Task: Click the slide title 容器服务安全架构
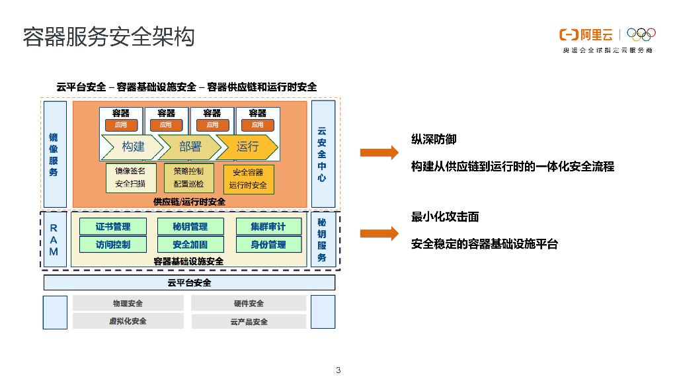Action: [x=109, y=37]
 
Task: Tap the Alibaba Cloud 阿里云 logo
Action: [x=586, y=34]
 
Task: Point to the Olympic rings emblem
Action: [x=641, y=34]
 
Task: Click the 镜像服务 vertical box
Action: [x=55, y=154]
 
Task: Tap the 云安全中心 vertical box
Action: [x=323, y=154]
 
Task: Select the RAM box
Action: [x=55, y=239]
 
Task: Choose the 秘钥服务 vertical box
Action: [x=323, y=239]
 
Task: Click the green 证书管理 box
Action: [x=114, y=226]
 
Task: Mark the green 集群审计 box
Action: [x=268, y=226]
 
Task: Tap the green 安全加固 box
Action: [x=190, y=244]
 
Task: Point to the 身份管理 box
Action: [x=268, y=244]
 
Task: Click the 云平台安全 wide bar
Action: [x=190, y=283]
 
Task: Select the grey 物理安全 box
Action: [x=128, y=304]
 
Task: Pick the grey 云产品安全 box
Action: [x=249, y=321]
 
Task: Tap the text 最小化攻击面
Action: [x=445, y=217]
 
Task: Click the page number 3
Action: [x=338, y=370]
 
